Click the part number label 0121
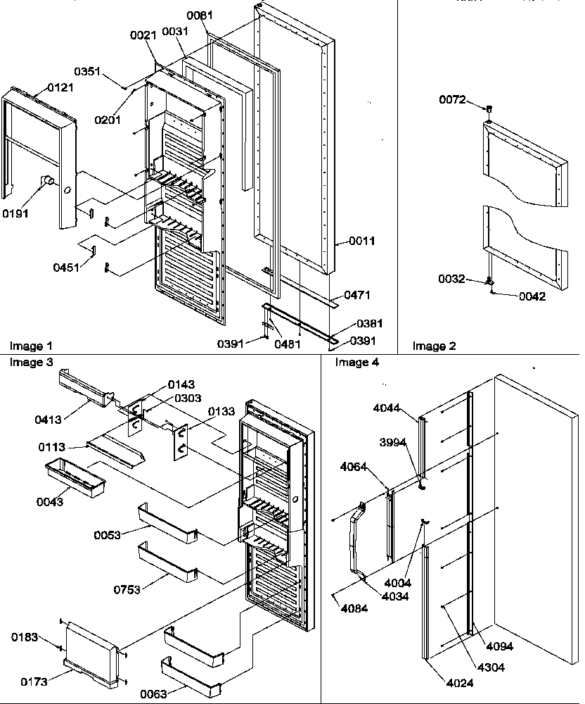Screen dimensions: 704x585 click(x=60, y=87)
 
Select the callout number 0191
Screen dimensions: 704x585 click(x=15, y=213)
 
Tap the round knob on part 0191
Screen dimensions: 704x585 click(x=47, y=182)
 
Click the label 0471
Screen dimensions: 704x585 click(x=357, y=296)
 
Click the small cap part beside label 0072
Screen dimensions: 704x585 click(x=488, y=110)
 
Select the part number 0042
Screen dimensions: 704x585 click(x=532, y=296)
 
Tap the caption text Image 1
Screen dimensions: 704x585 click(x=31, y=346)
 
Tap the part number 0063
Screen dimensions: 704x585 click(x=173, y=693)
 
